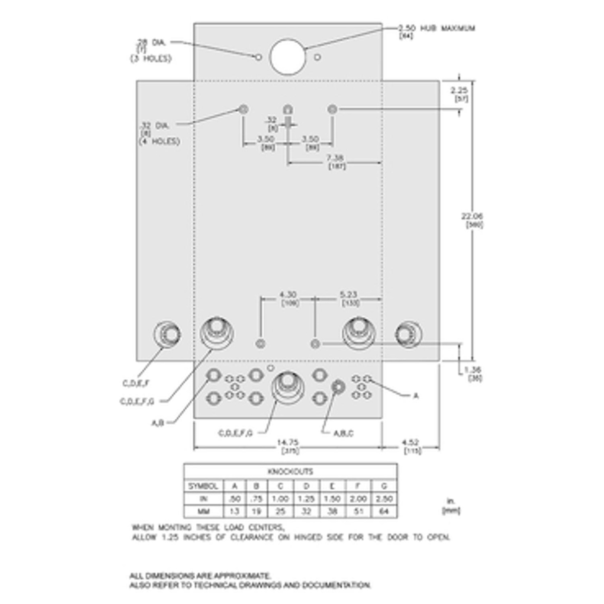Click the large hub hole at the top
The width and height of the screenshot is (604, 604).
[287, 56]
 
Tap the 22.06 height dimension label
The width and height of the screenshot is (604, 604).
[472, 216]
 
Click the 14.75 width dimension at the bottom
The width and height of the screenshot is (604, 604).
[287, 442]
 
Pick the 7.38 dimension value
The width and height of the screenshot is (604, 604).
[336, 158]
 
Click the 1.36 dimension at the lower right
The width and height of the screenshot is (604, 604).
[471, 370]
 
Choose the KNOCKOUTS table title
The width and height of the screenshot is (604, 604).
[290, 472]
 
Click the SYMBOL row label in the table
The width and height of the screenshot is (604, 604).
[203, 486]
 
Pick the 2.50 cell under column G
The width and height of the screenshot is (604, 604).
[384, 499]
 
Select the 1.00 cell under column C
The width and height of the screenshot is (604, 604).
[280, 499]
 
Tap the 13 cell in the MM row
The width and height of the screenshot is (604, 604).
[234, 512]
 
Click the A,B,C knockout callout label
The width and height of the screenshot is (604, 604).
[343, 433]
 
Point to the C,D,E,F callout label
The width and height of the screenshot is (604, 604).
[135, 384]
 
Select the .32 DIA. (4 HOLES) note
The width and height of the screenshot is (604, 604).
[159, 133]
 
